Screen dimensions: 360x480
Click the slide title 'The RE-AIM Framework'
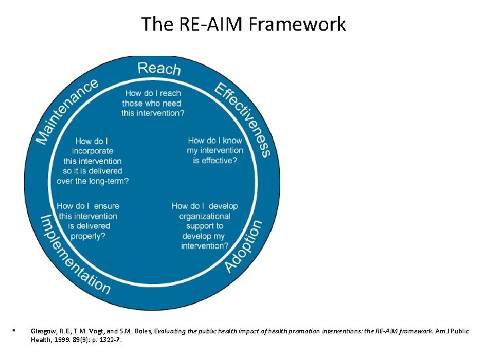point(243,25)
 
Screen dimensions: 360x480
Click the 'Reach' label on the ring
point(158,68)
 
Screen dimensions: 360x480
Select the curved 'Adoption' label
point(244,246)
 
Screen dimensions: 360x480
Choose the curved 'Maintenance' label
point(67,110)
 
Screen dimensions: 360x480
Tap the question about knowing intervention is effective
point(215,151)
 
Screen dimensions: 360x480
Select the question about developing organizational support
point(205,226)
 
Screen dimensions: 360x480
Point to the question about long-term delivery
point(93,161)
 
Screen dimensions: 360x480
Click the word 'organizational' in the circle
point(205,216)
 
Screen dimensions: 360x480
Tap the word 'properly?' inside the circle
point(88,236)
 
